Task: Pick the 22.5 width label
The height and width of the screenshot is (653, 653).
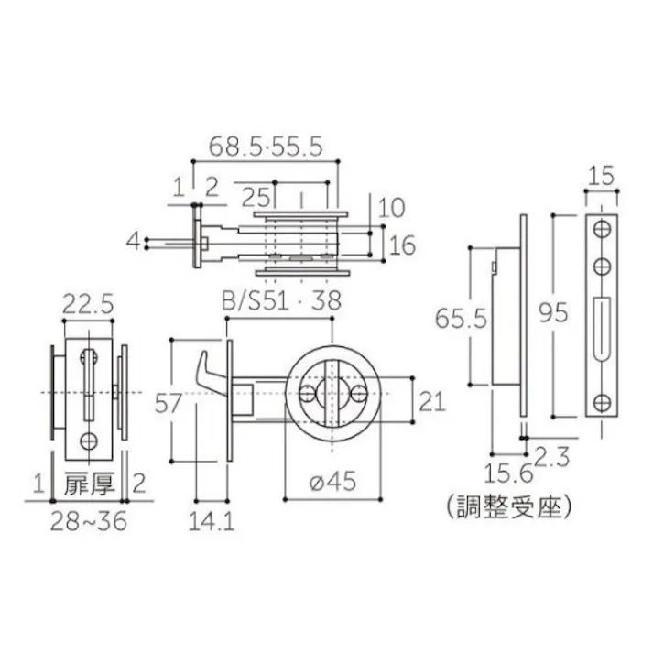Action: (88, 306)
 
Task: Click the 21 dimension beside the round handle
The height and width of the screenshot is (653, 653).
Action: (432, 399)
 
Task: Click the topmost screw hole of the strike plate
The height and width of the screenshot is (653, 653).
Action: (602, 226)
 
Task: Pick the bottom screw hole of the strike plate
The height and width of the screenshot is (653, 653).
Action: (602, 399)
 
